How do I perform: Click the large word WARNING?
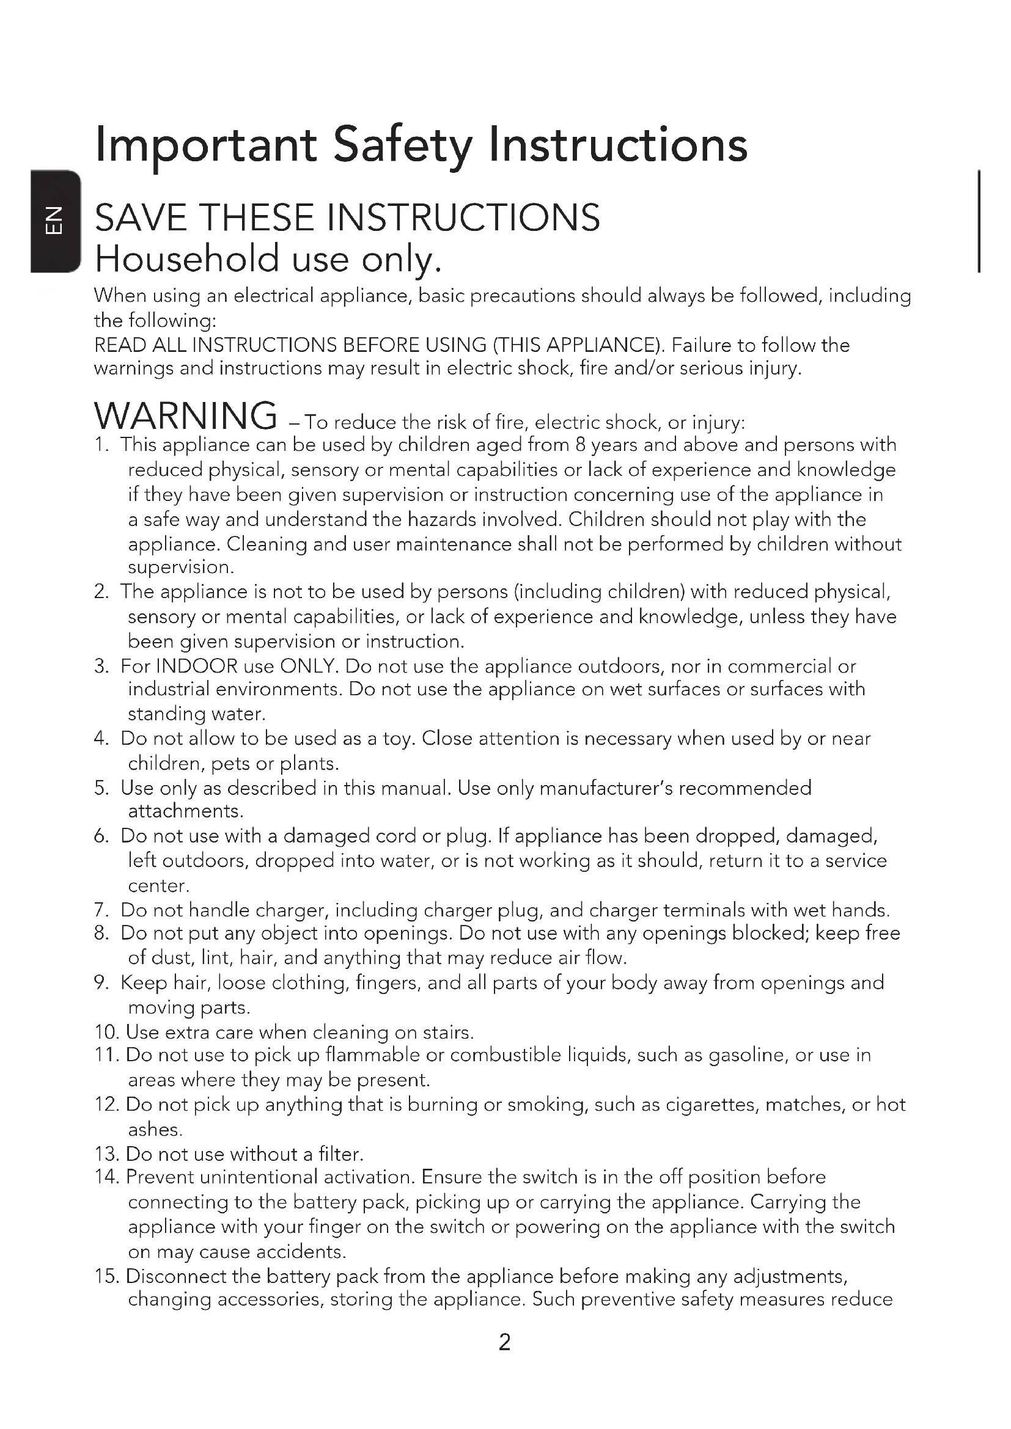tap(186, 416)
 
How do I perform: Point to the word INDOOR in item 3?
tap(197, 667)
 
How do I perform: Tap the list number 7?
tap(101, 910)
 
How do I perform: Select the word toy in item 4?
tap(399, 739)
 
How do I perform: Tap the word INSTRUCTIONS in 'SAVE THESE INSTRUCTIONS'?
tap(463, 218)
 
